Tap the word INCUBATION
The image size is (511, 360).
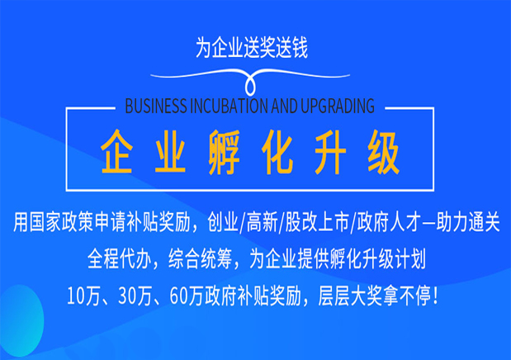(x=234, y=106)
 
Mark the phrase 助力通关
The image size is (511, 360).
(x=467, y=223)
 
